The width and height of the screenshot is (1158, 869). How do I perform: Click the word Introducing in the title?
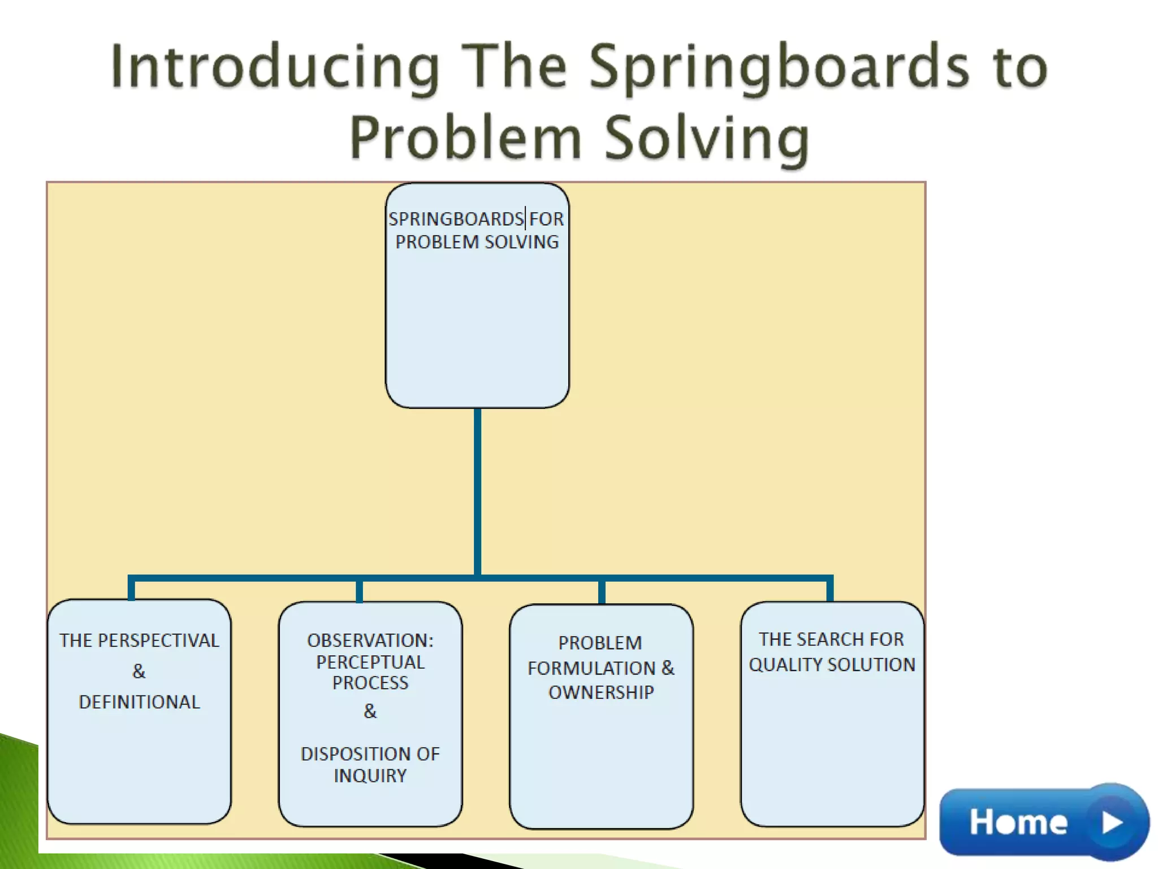click(x=275, y=68)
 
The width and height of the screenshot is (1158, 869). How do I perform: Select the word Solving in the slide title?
click(x=707, y=139)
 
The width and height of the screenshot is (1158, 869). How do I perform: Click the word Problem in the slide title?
click(x=465, y=139)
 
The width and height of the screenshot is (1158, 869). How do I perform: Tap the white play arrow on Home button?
click(x=1112, y=823)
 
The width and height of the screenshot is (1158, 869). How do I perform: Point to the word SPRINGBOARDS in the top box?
click(x=456, y=219)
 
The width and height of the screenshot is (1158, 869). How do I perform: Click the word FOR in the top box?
click(x=546, y=219)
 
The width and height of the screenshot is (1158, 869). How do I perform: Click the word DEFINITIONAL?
click(x=139, y=702)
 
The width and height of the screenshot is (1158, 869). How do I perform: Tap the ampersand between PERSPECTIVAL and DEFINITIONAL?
click(x=139, y=672)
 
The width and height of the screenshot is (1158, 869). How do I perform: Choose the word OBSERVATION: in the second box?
click(x=370, y=640)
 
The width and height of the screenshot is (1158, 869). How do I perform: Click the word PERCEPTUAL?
click(x=370, y=662)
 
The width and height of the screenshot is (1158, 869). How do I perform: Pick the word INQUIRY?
click(x=370, y=776)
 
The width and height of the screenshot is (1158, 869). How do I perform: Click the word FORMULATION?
click(x=591, y=668)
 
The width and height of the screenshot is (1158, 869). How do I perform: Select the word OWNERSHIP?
click(x=601, y=692)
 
